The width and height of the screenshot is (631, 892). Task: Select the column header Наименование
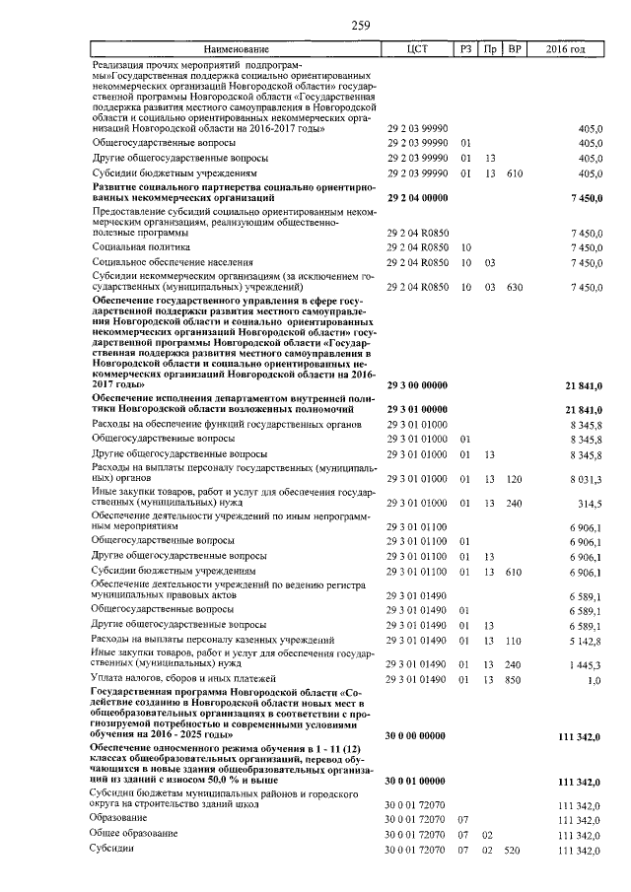(x=236, y=49)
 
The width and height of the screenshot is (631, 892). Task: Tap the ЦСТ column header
(x=417, y=49)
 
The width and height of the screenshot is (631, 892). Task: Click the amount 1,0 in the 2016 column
(x=596, y=680)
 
